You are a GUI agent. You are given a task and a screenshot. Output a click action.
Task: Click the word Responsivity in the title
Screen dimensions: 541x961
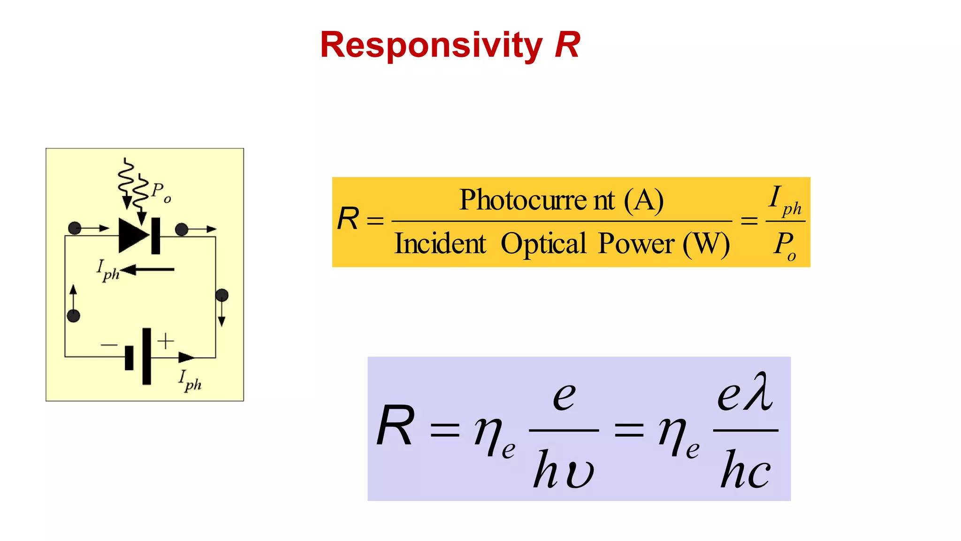tap(431, 46)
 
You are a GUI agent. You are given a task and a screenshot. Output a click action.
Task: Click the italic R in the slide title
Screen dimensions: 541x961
tap(567, 45)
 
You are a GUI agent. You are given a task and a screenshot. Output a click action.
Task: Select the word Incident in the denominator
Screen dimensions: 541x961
tap(440, 244)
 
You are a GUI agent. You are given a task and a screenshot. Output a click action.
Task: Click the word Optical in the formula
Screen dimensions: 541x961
tap(543, 244)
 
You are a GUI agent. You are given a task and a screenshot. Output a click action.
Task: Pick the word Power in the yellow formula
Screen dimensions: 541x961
tap(636, 244)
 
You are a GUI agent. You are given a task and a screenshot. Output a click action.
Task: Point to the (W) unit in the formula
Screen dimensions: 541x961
tap(706, 244)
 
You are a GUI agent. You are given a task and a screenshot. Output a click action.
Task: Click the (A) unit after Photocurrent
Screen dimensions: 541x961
tap(644, 200)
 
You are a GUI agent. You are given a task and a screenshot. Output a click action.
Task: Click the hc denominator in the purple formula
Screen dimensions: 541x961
tap(745, 470)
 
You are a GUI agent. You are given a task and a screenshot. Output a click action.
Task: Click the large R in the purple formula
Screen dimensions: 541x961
tap(396, 426)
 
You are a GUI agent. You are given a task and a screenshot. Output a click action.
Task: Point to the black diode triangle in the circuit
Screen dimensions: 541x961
tap(133, 236)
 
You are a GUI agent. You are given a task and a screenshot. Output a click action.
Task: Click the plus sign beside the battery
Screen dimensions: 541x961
tap(166, 341)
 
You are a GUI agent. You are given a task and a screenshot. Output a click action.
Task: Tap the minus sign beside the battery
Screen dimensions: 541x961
tap(109, 345)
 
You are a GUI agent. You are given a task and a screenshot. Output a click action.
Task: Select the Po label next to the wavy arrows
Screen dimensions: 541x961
tap(161, 192)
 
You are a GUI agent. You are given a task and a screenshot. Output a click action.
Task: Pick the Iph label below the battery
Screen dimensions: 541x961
tap(190, 380)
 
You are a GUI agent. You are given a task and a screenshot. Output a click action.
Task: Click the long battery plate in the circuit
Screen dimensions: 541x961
tap(147, 356)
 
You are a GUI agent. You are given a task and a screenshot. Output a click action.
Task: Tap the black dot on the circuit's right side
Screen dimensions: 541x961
tap(222, 295)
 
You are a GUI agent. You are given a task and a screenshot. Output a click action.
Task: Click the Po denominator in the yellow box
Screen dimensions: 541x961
tap(785, 245)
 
